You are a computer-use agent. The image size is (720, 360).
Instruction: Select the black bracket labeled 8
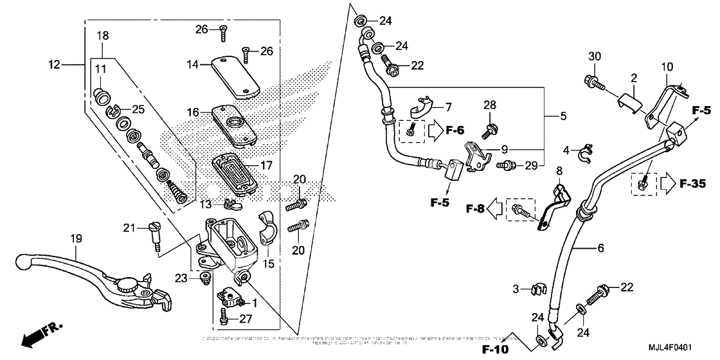556,206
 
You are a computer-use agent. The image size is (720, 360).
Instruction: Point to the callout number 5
563,116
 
